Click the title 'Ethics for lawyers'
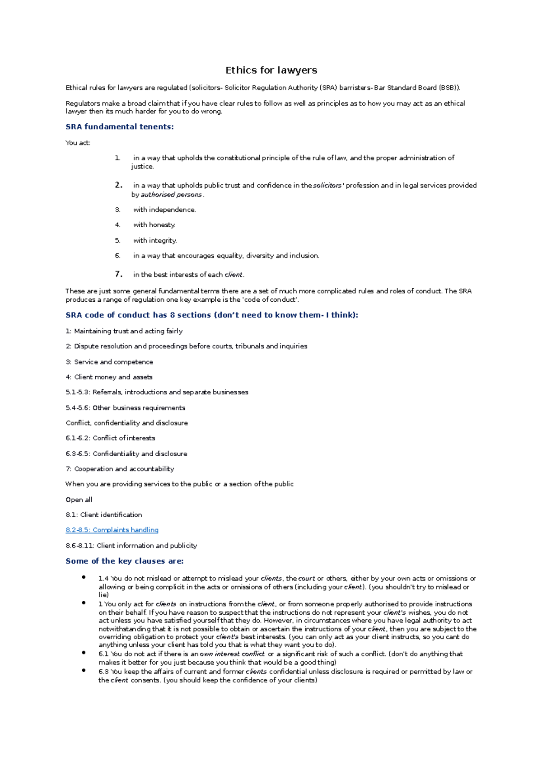tap(271, 70)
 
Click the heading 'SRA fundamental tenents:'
tap(120, 127)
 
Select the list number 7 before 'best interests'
tap(119, 274)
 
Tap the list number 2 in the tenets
tap(119, 185)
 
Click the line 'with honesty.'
tap(154, 225)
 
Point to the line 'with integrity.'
tap(155, 241)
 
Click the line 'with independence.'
tap(164, 210)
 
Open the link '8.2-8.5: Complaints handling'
tap(112, 530)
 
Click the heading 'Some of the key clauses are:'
tap(125, 561)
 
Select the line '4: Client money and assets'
tap(109, 377)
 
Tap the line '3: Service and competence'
tap(109, 362)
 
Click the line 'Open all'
tap(79, 500)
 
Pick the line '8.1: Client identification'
tap(104, 514)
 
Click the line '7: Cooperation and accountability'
tap(120, 469)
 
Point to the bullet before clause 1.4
tap(84, 577)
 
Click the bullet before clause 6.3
tap(84, 670)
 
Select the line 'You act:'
tap(78, 143)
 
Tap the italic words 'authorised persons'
tap(171, 195)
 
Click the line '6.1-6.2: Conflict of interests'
tap(110, 438)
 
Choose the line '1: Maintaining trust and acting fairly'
tap(124, 331)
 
